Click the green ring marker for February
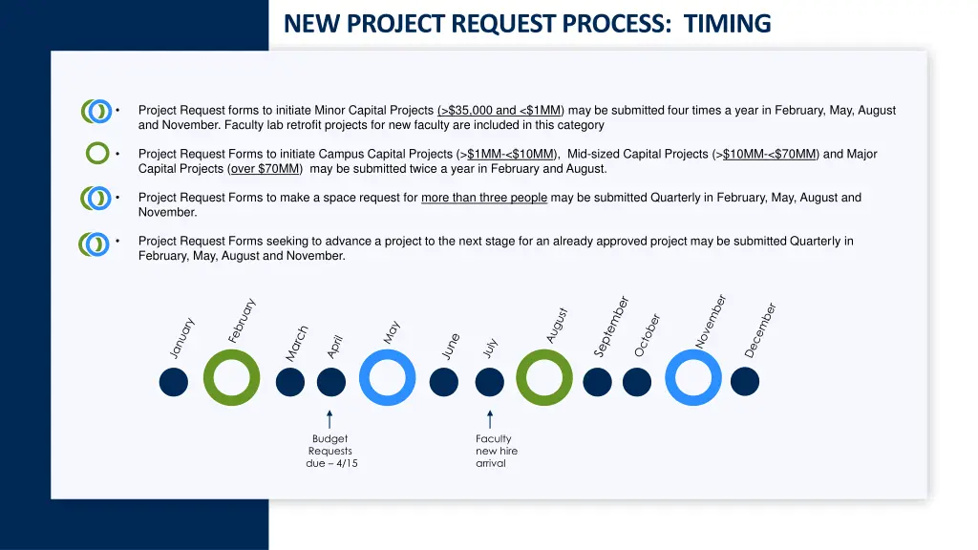[x=231, y=378]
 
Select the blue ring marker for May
[x=388, y=378]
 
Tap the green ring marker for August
[x=544, y=378]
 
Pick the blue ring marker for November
[x=693, y=378]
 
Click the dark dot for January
[x=173, y=382]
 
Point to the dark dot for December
[x=745, y=382]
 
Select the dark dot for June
[x=443, y=382]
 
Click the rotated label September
[x=611, y=327]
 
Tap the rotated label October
[x=648, y=335]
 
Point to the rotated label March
[x=297, y=344]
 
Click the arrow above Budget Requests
[x=330, y=419]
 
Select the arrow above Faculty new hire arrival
[x=490, y=419]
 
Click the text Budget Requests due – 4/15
[x=330, y=451]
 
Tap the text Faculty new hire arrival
[x=495, y=451]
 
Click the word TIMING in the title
[x=727, y=23]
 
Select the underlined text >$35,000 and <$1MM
[x=500, y=111]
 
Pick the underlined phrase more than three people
[x=484, y=198]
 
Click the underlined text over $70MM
[x=266, y=169]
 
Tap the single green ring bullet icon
[x=96, y=153]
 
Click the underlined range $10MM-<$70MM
[x=770, y=154]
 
